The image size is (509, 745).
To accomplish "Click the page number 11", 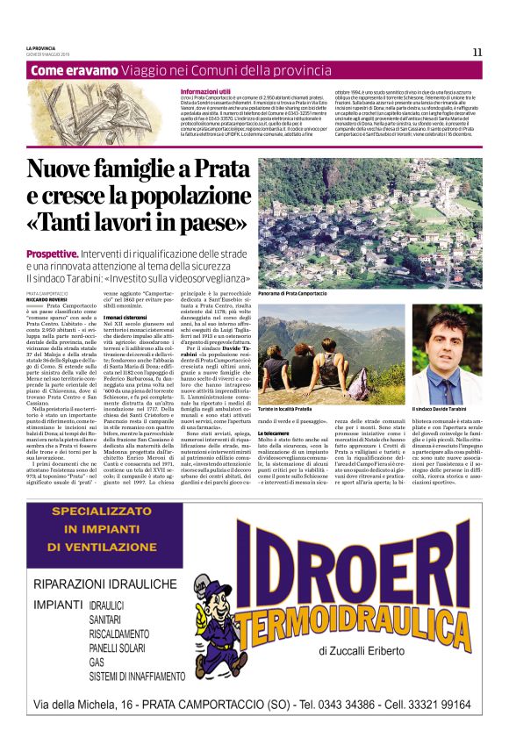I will tap(477, 52).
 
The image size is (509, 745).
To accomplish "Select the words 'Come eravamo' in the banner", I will tap(80, 69).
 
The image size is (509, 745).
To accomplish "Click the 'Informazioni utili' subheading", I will tap(205, 91).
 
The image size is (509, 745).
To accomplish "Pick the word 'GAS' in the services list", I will tap(97, 662).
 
